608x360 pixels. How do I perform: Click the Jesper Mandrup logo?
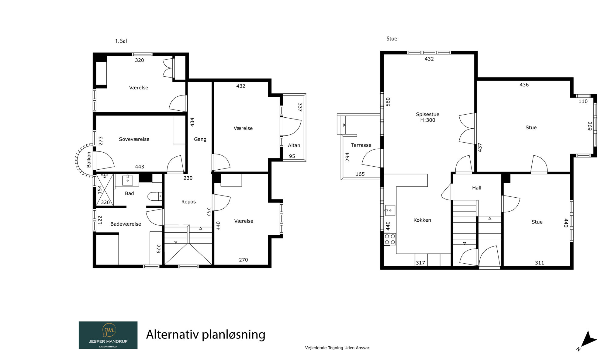[108, 335]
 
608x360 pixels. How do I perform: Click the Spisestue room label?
[427, 114]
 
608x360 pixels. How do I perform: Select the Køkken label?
[422, 220]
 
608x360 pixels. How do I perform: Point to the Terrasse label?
[361, 145]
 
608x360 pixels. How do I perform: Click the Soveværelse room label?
[134, 139]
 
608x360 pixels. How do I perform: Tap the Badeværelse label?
[126, 224]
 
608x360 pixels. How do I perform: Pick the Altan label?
[294, 145]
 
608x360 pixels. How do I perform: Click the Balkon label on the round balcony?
[89, 160]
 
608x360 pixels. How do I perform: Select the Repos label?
[188, 202]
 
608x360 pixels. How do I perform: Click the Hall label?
[477, 188]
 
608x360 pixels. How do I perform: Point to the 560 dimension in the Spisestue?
[388, 102]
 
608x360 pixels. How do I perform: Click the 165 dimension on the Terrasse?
[360, 174]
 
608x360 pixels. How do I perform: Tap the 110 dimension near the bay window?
[583, 102]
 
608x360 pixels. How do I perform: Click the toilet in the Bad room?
[155, 196]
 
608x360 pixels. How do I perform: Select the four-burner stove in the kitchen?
[390, 239]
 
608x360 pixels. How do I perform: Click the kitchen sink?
[390, 210]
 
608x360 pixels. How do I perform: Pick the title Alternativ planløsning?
[206, 334]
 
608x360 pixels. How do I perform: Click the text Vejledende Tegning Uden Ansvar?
[337, 348]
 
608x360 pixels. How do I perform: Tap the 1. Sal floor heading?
[121, 41]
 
